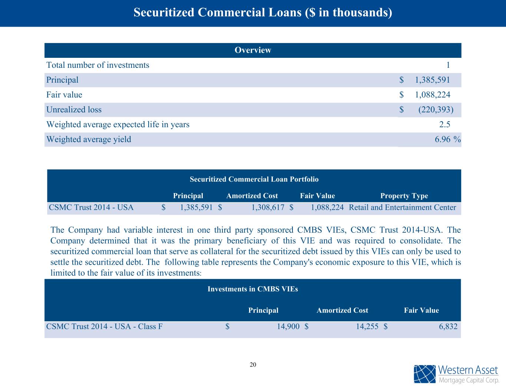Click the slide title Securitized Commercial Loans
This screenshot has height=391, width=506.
click(x=262, y=13)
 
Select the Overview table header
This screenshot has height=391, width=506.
click(x=253, y=50)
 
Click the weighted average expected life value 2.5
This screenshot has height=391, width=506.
click(x=444, y=125)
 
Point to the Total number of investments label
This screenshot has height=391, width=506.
click(x=98, y=65)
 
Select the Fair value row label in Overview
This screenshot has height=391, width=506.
click(x=64, y=95)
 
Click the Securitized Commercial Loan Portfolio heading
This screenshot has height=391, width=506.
click(x=254, y=179)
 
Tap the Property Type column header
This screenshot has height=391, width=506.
click(x=404, y=196)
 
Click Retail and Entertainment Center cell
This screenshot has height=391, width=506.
click(x=403, y=208)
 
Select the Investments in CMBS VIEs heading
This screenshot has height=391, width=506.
click(x=252, y=289)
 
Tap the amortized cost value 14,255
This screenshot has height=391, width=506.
click(x=367, y=327)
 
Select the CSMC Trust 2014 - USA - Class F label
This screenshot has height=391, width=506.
click(x=104, y=327)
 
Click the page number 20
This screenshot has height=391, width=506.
click(x=253, y=365)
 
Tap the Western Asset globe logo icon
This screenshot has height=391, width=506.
click(x=424, y=374)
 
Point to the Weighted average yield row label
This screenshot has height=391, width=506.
click(x=89, y=139)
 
